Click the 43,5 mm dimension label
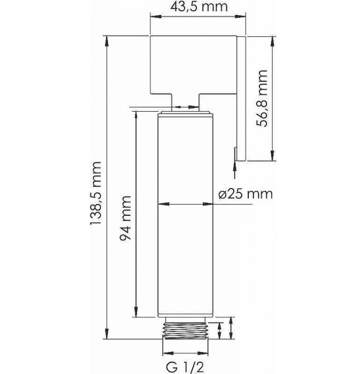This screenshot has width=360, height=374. click(198, 6)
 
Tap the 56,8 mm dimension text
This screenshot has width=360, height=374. click(262, 98)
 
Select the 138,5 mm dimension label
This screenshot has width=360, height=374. click(96, 193)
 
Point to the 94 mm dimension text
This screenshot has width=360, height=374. click(125, 218)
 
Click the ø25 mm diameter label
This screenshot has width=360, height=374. click(246, 194)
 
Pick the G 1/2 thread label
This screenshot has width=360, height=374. click(185, 368)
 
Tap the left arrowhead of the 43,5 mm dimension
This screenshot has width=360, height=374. click(155, 17)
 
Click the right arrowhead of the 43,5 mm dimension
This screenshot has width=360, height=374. click(241, 17)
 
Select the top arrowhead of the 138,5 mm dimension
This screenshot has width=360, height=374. click(106, 41)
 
